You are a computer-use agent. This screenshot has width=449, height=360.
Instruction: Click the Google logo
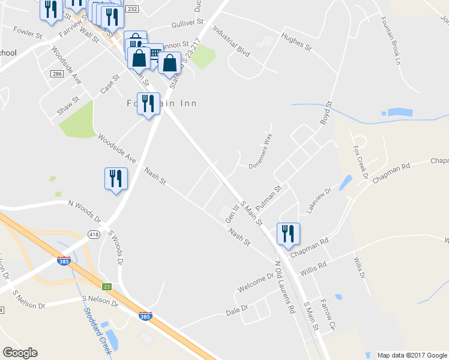pyautogui.click(x=20, y=353)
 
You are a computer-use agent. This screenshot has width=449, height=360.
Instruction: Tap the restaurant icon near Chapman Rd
pyautogui.click(x=288, y=233)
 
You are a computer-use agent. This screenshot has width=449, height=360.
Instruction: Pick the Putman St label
pyautogui.click(x=268, y=198)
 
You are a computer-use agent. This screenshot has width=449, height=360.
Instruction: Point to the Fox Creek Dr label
pyautogui.click(x=360, y=161)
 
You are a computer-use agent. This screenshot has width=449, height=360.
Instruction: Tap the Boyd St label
pyautogui.click(x=326, y=113)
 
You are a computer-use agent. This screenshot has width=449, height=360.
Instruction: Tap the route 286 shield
pyautogui.click(x=57, y=74)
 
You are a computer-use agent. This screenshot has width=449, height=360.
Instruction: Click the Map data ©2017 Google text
pyautogui.click(x=412, y=355)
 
